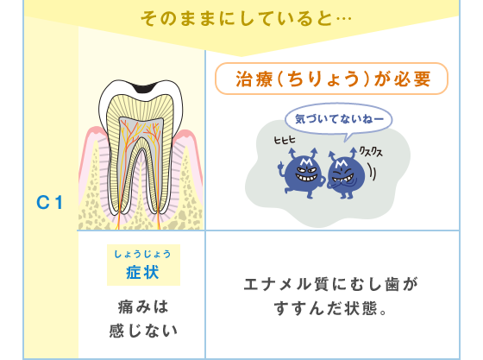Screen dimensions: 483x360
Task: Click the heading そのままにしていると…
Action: pos(246,19)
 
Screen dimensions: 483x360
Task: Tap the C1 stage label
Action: pos(49,203)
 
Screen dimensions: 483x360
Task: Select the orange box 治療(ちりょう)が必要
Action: pos(331,79)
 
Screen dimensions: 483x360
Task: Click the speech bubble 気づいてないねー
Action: pos(339,119)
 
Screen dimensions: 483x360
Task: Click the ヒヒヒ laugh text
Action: pos(285,140)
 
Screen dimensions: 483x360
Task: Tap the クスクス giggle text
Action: pos(371,152)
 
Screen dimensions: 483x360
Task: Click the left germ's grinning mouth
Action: pos(306,178)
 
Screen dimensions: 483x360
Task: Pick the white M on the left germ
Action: pos(306,161)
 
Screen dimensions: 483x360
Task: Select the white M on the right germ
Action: pos(341,164)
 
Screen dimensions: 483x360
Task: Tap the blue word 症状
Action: pos(142,273)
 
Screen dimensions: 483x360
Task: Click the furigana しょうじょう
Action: pos(142,255)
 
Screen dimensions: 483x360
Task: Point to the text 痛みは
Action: pos(143,306)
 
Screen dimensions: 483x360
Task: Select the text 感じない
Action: pos(143,331)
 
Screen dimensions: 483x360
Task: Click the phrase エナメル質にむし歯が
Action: pos(330,284)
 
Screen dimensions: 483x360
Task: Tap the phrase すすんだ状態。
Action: pos(330,308)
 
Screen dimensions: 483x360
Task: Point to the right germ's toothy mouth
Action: pos(343,178)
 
